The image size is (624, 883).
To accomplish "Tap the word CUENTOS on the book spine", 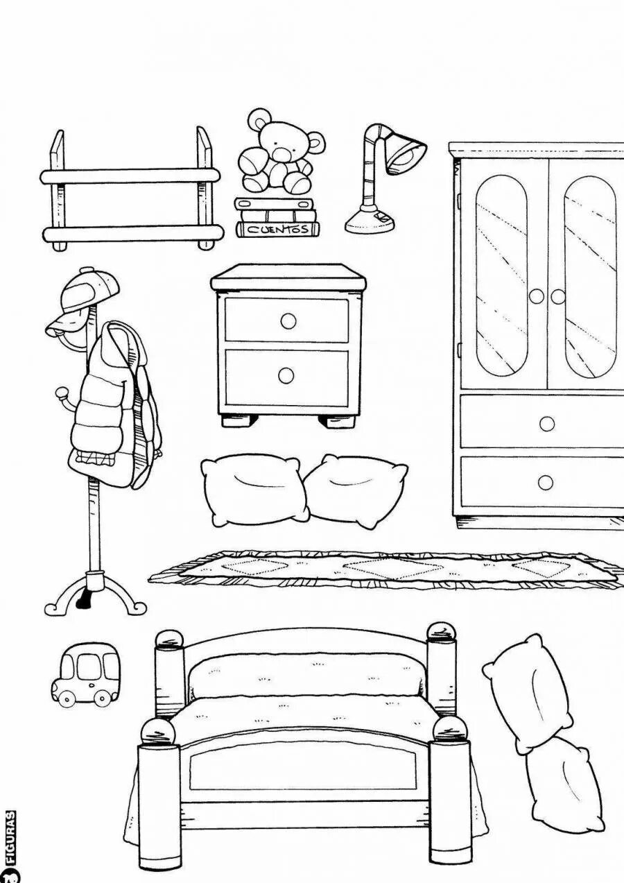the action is pos(277,230).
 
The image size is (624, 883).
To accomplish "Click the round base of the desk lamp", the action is pos(370,220).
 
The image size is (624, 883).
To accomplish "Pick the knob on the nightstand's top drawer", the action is pos(288,320).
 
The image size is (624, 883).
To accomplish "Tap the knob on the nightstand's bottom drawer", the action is pos(286,375).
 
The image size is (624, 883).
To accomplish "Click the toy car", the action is pos(84,675).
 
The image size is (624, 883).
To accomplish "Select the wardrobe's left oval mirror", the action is pos(501,275).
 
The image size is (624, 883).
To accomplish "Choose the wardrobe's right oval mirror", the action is pos(590,275).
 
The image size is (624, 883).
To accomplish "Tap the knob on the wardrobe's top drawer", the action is pos(547,423).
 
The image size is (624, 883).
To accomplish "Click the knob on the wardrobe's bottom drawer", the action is pos(546,483).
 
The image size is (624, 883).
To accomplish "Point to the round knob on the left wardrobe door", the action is pos(536,296).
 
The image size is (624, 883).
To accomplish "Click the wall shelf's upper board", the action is pos(130,176).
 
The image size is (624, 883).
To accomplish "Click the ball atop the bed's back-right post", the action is pos(441,631).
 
